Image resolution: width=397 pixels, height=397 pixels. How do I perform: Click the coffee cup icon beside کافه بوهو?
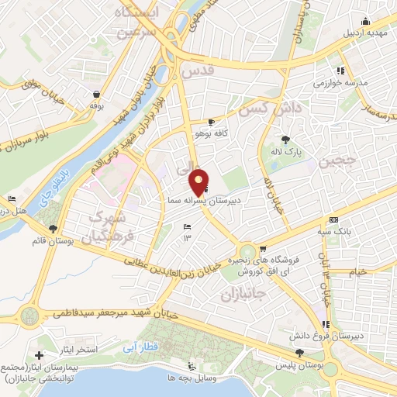click(x=211, y=123)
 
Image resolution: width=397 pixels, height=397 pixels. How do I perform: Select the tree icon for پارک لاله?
click(x=286, y=140)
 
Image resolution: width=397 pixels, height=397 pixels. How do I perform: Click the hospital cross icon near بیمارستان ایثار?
click(x=39, y=354)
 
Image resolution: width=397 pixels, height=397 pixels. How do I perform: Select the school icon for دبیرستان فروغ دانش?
click(x=327, y=323)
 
